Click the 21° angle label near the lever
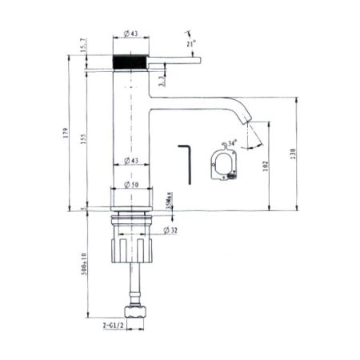click(192, 44)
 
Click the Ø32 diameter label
click(170, 230)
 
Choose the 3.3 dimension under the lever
click(162, 78)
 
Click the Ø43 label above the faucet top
click(132, 34)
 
